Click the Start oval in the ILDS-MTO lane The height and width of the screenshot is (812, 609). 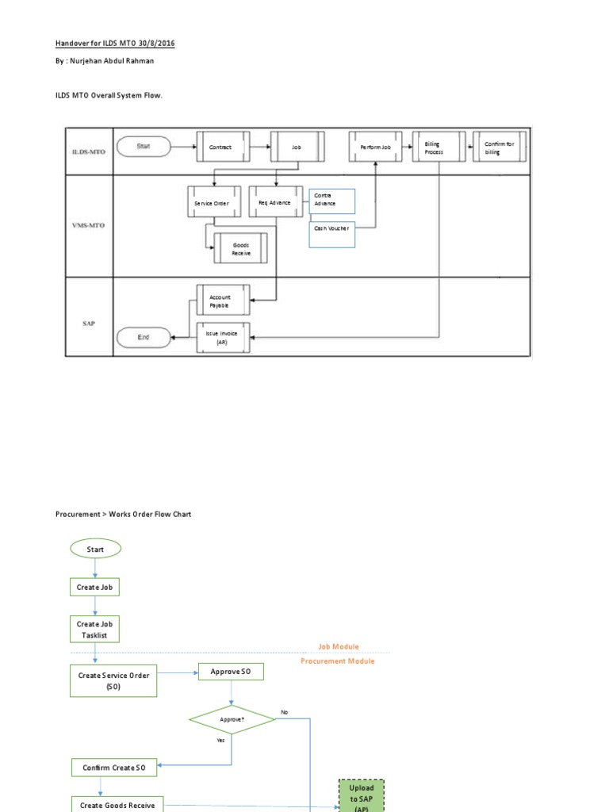(x=144, y=146)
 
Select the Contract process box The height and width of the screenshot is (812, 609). (x=223, y=147)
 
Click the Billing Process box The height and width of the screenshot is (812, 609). (x=439, y=147)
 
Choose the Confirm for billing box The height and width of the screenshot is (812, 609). (x=499, y=147)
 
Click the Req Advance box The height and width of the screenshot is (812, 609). (x=275, y=202)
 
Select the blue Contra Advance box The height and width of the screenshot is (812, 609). (x=331, y=201)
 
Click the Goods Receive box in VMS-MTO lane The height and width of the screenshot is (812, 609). (x=240, y=248)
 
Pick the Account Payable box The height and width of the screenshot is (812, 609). (x=223, y=301)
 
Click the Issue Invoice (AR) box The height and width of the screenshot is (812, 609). (x=223, y=338)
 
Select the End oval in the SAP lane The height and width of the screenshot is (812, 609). (x=144, y=337)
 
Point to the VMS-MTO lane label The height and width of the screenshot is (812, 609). (x=88, y=225)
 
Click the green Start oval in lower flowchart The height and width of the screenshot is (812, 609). (x=95, y=549)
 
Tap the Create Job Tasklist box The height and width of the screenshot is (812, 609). (x=95, y=629)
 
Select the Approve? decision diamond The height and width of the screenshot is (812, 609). (x=232, y=720)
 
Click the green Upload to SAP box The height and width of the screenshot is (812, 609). (x=361, y=795)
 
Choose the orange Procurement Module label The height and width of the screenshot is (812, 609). (x=338, y=661)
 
